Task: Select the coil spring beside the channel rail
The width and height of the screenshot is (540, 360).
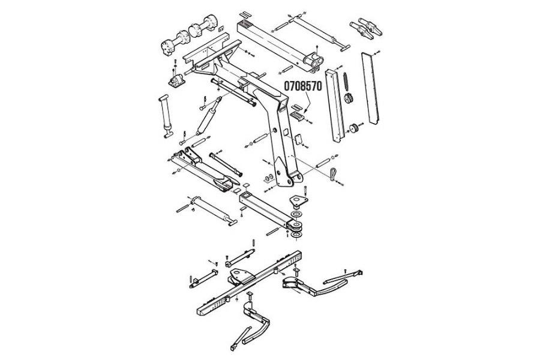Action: pyautogui.click(x=346, y=81)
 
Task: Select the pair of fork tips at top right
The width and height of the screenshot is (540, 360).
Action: pyautogui.click(x=364, y=29)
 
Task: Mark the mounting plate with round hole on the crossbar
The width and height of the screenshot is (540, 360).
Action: pyautogui.click(x=239, y=277)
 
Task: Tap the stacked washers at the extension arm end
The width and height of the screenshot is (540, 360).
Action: pyautogui.click(x=296, y=224)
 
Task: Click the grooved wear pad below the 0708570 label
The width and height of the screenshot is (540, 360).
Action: pyautogui.click(x=298, y=116)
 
